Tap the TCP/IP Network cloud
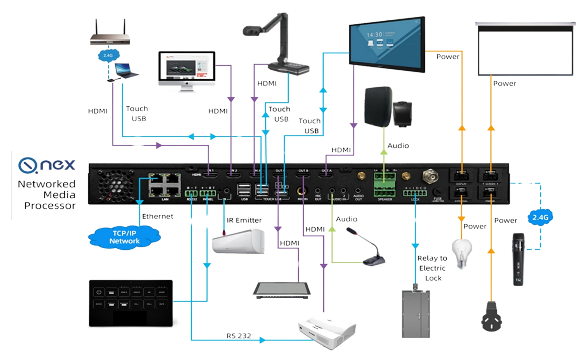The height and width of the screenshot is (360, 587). point(124,237)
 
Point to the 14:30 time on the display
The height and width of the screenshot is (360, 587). point(374,35)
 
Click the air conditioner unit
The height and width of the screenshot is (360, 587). point(239,241)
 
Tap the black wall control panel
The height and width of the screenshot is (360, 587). point(130,302)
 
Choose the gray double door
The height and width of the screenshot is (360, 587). point(416,314)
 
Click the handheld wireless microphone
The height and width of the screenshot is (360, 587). point(518,259)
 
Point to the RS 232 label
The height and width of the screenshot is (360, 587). point(239,336)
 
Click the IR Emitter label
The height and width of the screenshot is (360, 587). point(244,220)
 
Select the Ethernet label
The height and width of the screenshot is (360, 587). point(157,216)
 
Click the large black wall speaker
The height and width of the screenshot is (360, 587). point(378,106)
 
